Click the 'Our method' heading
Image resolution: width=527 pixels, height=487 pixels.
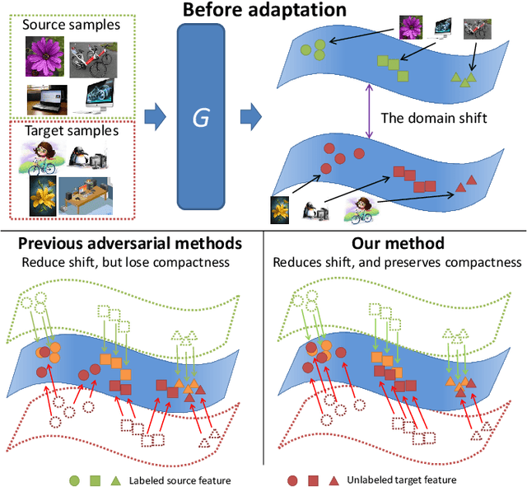[x=398, y=244]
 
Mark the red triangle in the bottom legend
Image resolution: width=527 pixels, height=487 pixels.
[x=333, y=478]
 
